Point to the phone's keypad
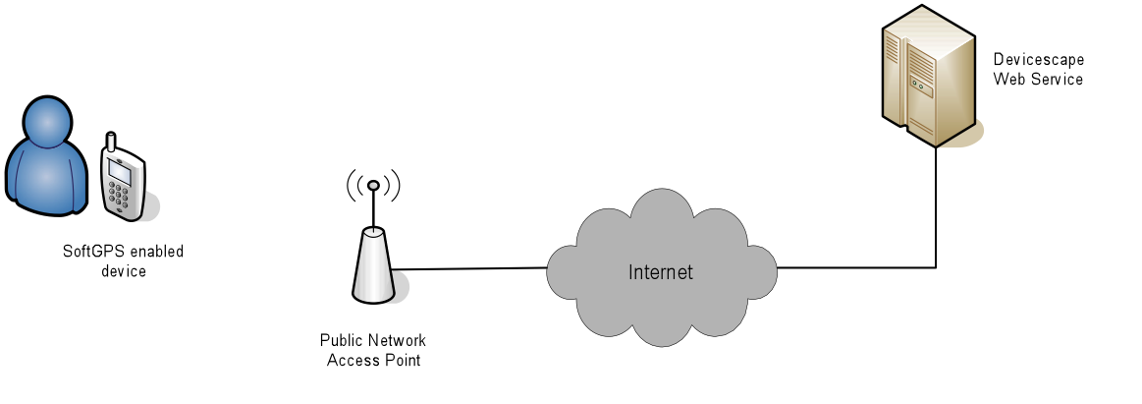(x=119, y=194)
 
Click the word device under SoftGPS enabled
(x=124, y=271)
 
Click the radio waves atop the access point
(x=373, y=185)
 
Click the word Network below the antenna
(x=397, y=340)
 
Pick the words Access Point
(x=373, y=360)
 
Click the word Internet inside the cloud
(x=661, y=272)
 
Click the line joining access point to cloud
(x=471, y=268)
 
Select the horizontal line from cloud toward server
(x=856, y=267)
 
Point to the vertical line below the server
(x=936, y=207)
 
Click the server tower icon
(x=929, y=76)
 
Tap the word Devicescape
(x=1039, y=60)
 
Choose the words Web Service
(x=1039, y=80)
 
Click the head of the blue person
(x=49, y=120)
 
